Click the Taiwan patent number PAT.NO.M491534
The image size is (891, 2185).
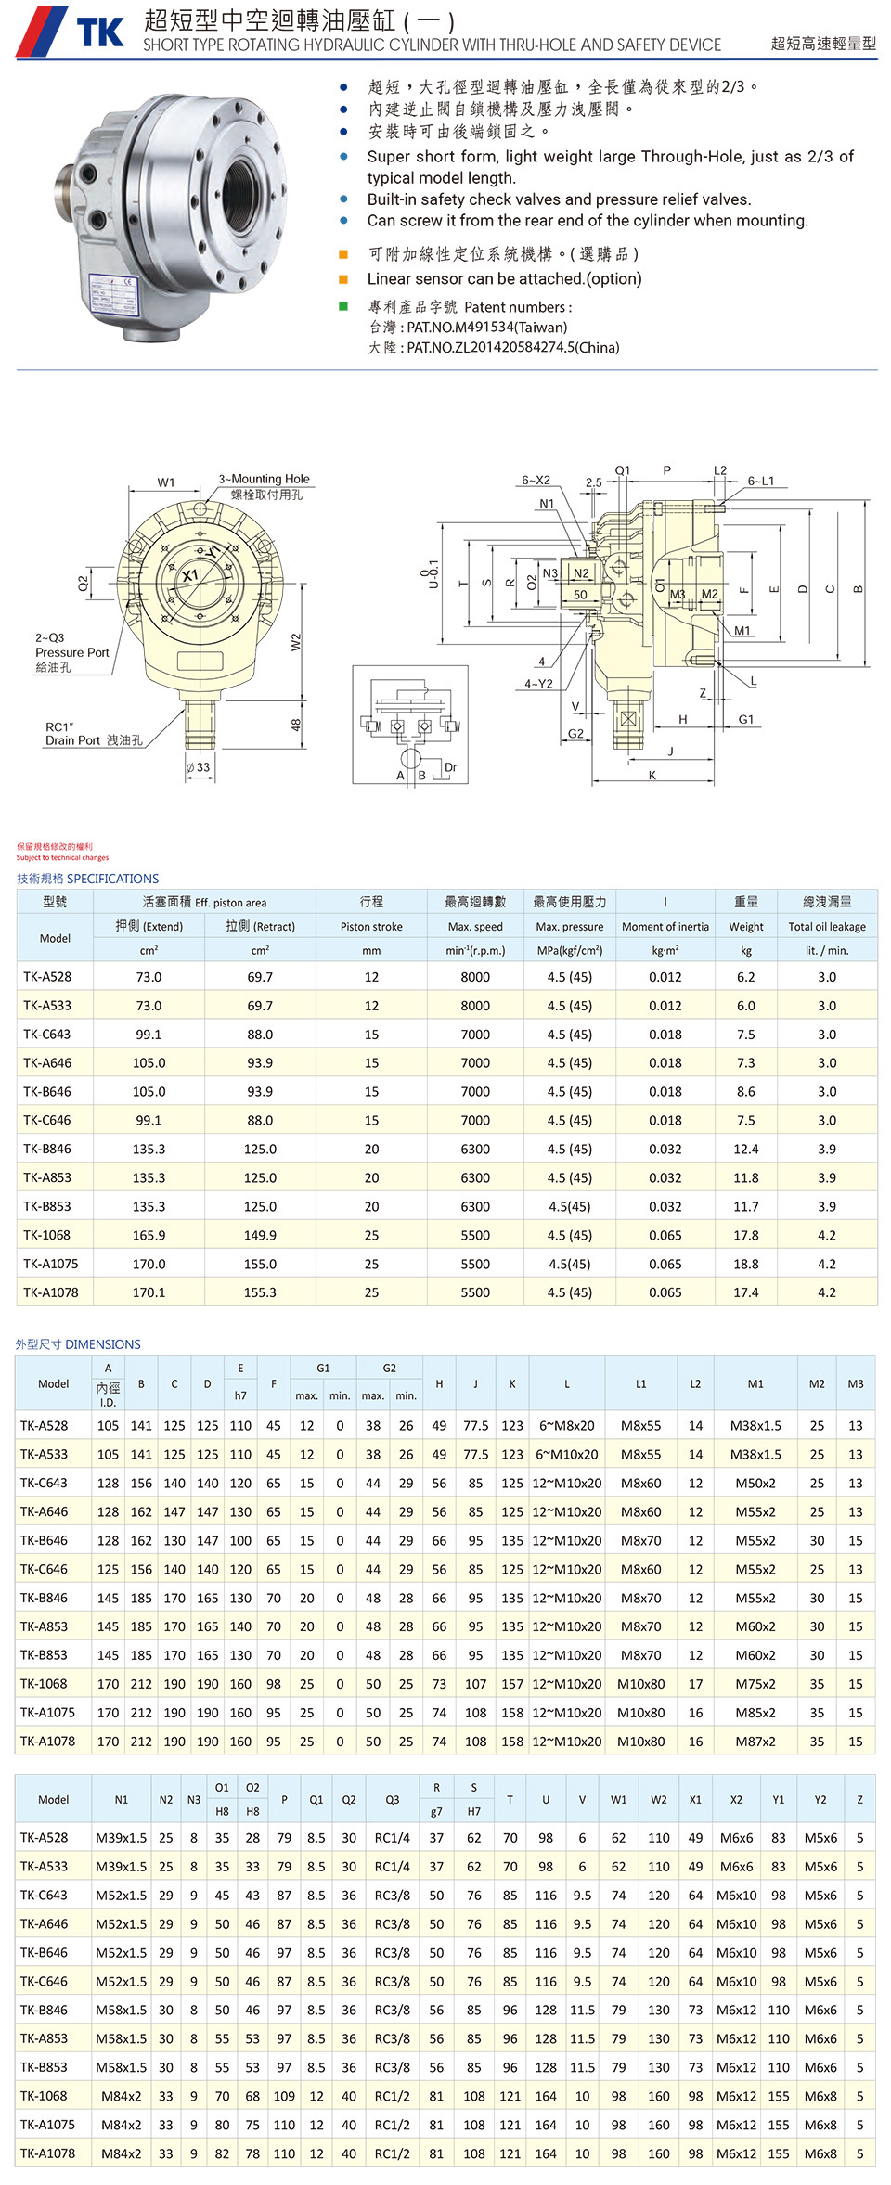pyautogui.click(x=486, y=327)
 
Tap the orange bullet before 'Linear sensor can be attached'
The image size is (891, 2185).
pyautogui.click(x=343, y=279)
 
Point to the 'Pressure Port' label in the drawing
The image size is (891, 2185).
pyautogui.click(x=72, y=652)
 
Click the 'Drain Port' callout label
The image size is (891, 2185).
pyautogui.click(x=72, y=740)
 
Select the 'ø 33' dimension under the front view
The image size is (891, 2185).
pyautogui.click(x=198, y=767)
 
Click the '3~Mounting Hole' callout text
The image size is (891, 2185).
pyautogui.click(x=264, y=479)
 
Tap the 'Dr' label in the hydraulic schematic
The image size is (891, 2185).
pyautogui.click(x=451, y=767)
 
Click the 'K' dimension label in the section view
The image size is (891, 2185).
pyautogui.click(x=652, y=775)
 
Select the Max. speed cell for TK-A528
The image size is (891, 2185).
pyautogui.click(x=475, y=977)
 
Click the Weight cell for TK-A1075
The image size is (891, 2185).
pyautogui.click(x=745, y=1264)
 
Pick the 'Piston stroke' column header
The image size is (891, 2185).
pyautogui.click(x=371, y=926)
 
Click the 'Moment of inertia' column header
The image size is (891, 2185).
pyautogui.click(x=665, y=926)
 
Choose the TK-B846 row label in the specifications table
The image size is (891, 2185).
pyautogui.click(x=47, y=1149)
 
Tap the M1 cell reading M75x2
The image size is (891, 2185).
pyautogui.click(x=755, y=1684)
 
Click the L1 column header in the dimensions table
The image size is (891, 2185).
pyautogui.click(x=640, y=1383)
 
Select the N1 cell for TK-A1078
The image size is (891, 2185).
pyautogui.click(x=122, y=2153)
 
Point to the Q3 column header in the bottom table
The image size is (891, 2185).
pyautogui.click(x=393, y=1799)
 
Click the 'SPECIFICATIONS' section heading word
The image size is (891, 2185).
pyautogui.click(x=113, y=879)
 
